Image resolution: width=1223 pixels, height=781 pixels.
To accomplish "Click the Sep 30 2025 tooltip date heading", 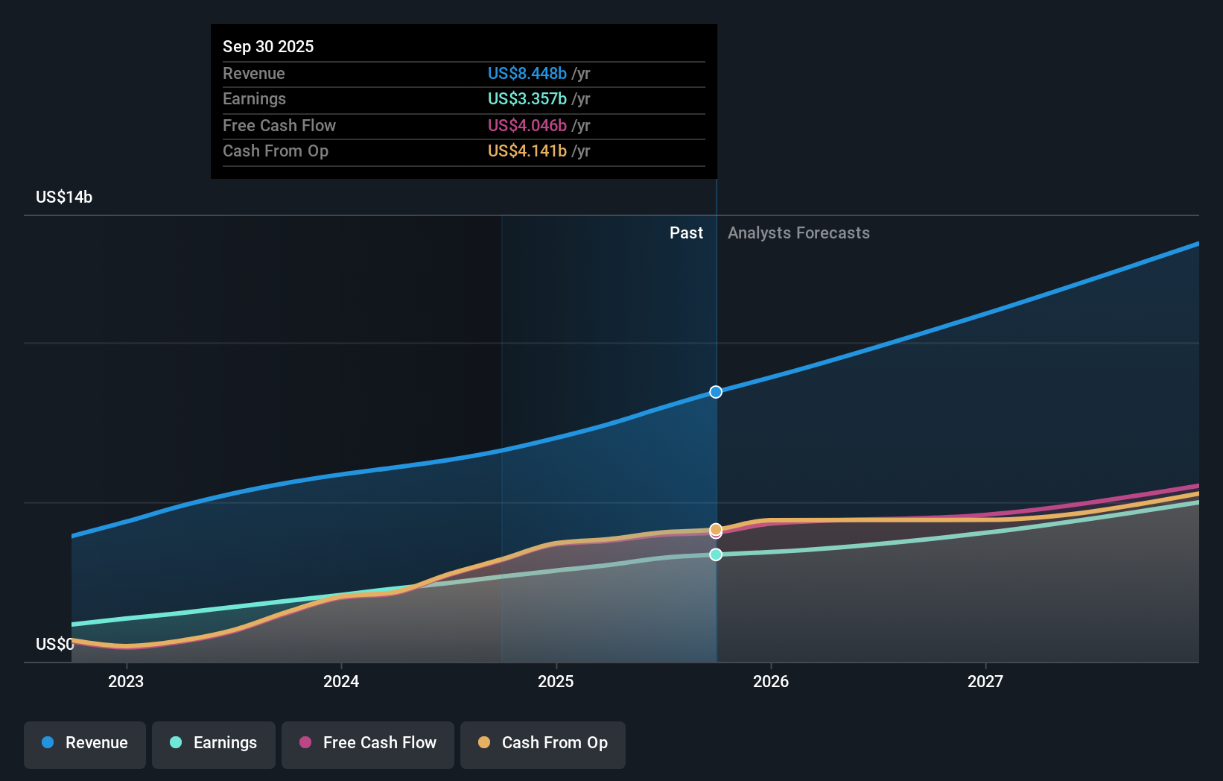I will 268,46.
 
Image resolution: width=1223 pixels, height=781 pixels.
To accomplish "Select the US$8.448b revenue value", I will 527,73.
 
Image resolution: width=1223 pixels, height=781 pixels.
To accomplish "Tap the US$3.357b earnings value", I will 527,98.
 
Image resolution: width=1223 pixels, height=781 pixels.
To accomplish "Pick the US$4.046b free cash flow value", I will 527,125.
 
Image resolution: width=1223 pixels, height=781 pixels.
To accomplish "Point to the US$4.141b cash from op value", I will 527,151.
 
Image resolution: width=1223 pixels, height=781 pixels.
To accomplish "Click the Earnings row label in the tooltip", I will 254,98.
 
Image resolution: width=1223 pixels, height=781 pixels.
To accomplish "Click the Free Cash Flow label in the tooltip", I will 279,125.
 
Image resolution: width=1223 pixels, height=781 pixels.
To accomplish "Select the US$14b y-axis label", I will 64,197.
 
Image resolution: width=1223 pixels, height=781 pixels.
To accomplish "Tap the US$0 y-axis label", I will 54,644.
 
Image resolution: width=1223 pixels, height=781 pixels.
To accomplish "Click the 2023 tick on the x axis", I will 126,681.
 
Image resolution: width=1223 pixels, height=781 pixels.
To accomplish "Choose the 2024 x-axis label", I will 341,681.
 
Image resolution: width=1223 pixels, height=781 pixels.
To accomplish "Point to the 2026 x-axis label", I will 771,681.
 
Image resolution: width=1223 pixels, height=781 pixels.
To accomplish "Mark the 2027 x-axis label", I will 985,681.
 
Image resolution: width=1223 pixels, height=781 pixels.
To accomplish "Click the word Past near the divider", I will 686,233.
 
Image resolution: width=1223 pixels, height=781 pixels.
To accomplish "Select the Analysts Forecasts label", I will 798,233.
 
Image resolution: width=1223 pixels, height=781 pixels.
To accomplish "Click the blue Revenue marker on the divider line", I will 716,392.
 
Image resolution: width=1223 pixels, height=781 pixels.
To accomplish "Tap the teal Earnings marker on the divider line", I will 716,554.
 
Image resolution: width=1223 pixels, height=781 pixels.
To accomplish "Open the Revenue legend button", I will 85,743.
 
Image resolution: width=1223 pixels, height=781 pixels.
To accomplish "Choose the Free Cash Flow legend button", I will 368,743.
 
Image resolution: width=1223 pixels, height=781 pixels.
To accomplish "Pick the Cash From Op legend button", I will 543,743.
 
